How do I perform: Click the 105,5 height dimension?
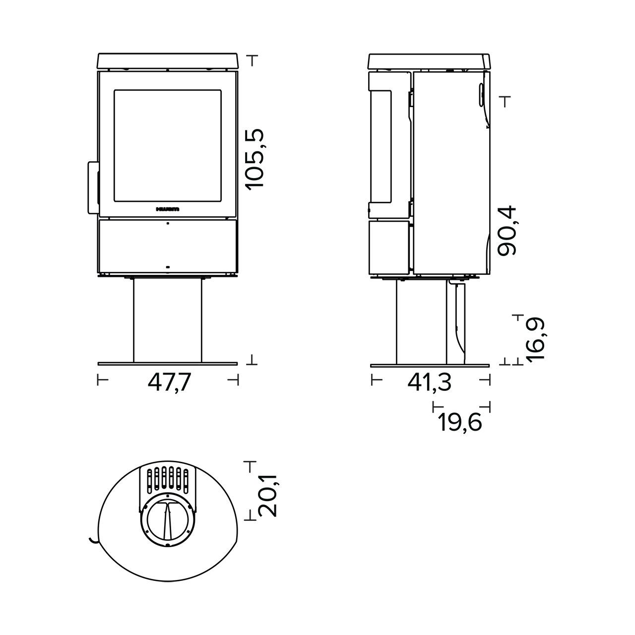[255, 159]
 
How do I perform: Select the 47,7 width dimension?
[169, 382]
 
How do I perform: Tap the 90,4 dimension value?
[507, 231]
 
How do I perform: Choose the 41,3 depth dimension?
[430, 382]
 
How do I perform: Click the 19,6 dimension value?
[460, 423]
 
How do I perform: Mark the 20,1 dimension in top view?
[267, 495]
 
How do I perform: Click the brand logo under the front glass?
[168, 209]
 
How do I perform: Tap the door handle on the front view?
[93, 188]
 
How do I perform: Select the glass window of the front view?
[168, 145]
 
